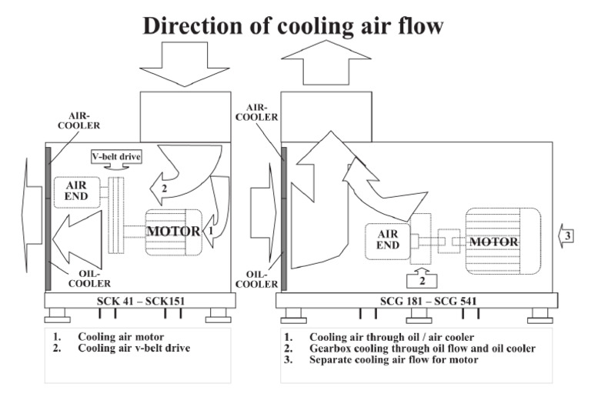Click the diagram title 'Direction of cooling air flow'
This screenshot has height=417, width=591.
(292, 25)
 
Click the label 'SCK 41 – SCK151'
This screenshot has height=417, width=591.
(136, 299)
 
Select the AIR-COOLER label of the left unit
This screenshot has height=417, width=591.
(79, 120)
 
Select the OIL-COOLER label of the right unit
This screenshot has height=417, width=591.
(256, 278)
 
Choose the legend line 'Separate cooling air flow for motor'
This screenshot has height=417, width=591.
(393, 359)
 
